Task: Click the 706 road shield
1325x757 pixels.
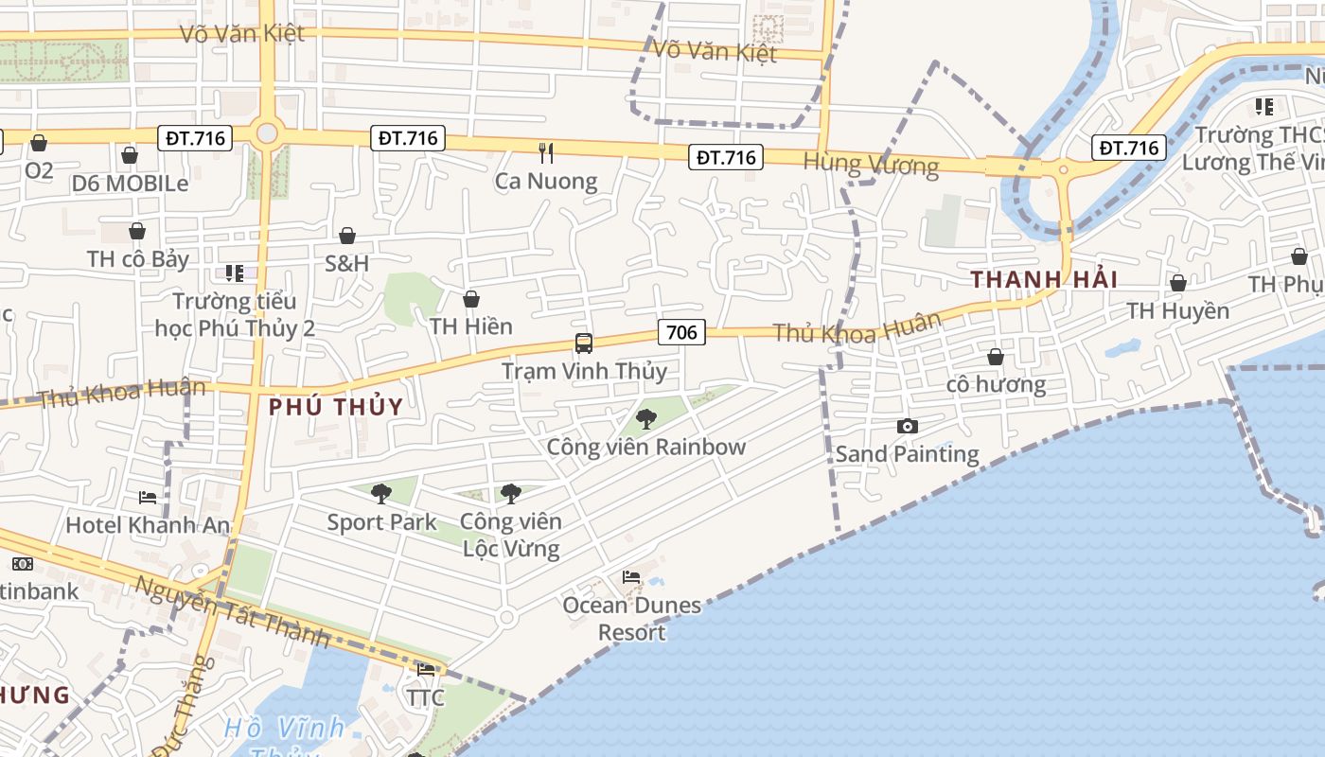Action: [x=681, y=332]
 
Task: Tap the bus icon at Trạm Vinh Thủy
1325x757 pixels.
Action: [x=584, y=343]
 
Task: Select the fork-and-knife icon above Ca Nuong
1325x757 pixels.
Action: [x=546, y=152]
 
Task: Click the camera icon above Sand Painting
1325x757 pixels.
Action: [x=907, y=427]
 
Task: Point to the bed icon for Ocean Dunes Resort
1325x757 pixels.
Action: [x=631, y=577]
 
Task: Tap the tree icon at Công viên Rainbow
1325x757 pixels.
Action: [x=646, y=418]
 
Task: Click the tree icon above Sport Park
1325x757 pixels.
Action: [x=381, y=493]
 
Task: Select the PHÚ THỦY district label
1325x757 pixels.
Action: [x=336, y=407]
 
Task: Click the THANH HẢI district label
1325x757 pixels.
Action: [x=1044, y=279]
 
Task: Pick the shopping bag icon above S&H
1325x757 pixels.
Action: [x=347, y=236]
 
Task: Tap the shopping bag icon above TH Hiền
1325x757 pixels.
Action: [x=471, y=299]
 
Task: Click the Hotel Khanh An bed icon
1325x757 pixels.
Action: [x=148, y=497]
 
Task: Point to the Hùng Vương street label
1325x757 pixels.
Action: [x=871, y=165]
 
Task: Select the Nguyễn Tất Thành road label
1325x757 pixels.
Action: [x=231, y=613]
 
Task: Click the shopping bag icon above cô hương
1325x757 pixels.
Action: [x=996, y=357]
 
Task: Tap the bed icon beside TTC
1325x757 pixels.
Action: [x=426, y=670]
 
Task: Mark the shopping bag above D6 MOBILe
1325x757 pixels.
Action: [x=130, y=155]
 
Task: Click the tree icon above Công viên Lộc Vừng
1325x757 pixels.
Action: [x=510, y=493]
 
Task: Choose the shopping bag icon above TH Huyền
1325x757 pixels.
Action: [x=1178, y=283]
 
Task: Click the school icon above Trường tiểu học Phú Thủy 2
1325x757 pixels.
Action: [x=235, y=273]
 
